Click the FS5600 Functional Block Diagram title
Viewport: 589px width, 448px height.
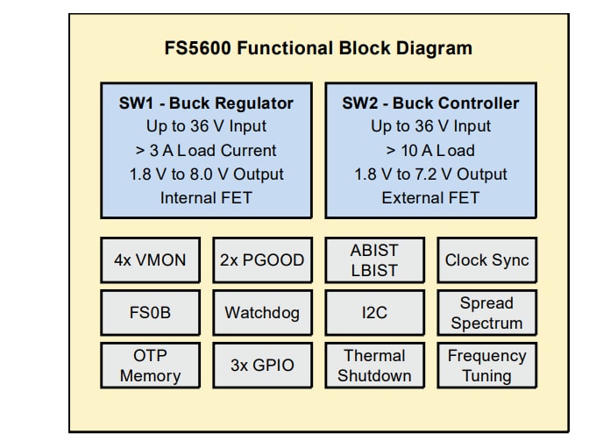(318, 48)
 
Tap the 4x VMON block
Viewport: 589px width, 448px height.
(150, 260)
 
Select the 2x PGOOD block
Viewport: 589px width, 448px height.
(262, 260)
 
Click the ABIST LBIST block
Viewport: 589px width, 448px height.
(374, 260)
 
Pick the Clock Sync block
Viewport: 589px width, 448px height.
(486, 260)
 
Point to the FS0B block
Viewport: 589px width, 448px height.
(150, 313)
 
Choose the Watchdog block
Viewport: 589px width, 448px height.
(262, 313)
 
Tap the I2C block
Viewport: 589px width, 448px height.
(374, 313)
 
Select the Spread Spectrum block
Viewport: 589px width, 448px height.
(486, 313)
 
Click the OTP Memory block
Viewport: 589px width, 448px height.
(150, 366)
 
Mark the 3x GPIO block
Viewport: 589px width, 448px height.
(262, 366)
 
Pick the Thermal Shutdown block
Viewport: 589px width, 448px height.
(374, 366)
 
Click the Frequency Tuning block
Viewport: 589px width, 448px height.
(486, 366)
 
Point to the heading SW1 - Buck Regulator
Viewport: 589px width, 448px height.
(206, 103)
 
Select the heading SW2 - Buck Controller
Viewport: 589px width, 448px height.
(430, 103)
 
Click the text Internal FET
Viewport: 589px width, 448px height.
(206, 198)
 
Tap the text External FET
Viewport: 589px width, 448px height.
(430, 198)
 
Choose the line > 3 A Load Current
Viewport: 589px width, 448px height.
(206, 150)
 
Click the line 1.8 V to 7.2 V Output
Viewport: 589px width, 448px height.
(430, 174)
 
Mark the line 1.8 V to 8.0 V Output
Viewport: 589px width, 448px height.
(206, 174)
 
